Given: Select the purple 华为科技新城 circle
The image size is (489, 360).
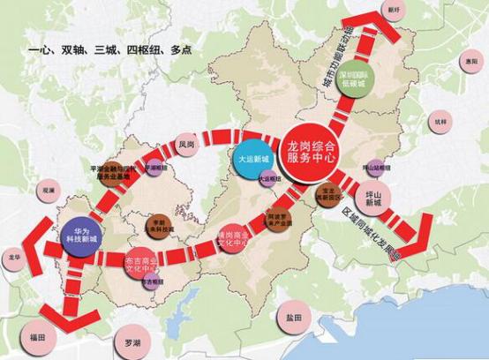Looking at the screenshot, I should [81, 236].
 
